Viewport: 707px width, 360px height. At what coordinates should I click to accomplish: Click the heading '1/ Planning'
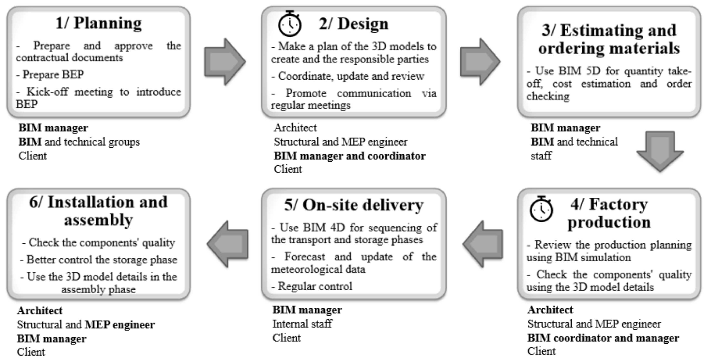pos(99,23)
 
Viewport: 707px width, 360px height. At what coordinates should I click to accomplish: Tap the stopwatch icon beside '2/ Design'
pos(290,24)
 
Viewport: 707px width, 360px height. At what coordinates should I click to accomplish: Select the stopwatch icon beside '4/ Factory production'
pos(541,209)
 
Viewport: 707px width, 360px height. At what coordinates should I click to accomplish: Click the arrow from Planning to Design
pos(225,61)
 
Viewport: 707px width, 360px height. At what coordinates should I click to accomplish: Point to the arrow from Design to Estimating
pos(480,61)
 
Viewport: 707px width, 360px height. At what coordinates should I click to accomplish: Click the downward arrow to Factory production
pos(660,151)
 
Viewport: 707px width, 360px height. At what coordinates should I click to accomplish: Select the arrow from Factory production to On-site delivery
pos(483,244)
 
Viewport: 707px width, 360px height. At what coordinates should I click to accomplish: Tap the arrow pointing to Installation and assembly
pos(228,244)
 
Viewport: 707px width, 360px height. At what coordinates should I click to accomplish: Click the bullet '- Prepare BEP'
pos(50,74)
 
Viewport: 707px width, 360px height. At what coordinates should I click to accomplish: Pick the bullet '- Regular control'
pos(312,286)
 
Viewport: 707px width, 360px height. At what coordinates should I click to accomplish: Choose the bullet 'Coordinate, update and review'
pos(348,76)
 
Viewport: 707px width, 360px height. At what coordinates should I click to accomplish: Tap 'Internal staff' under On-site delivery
pos(302,324)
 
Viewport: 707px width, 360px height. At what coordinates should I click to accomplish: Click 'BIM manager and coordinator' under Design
pos(350,156)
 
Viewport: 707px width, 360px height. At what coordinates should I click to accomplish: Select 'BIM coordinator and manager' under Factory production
pos(603,338)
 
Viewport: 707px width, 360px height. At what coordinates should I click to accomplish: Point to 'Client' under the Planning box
pos(33,156)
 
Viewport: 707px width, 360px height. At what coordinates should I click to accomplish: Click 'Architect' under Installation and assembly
pos(40,311)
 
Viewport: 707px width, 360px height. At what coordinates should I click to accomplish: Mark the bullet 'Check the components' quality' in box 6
pos(99,243)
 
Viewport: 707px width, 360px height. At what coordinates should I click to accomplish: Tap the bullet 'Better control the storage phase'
pos(99,260)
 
